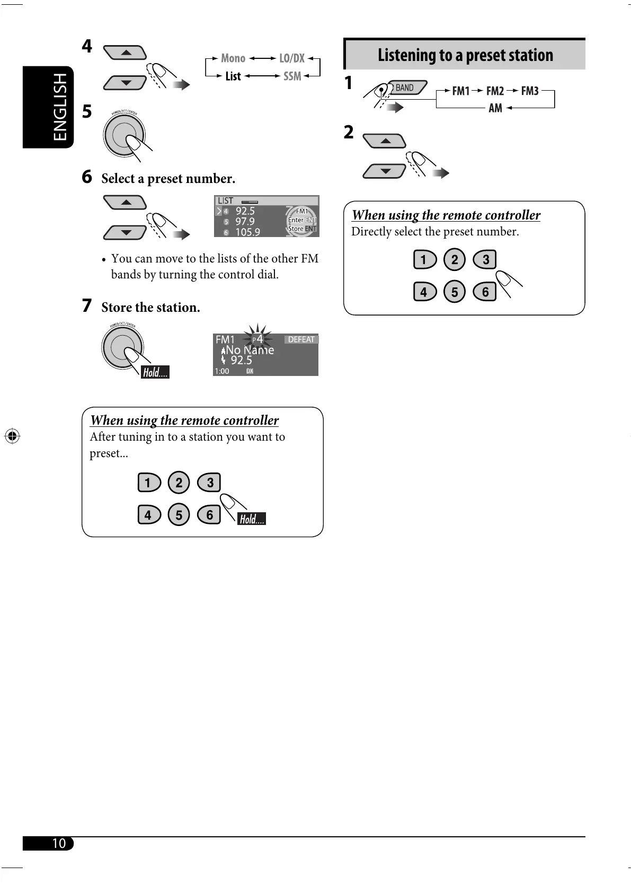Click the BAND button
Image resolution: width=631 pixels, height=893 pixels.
[x=406, y=88]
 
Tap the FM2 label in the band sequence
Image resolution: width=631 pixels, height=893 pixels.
[x=495, y=91]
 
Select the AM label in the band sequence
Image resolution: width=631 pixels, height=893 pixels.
[x=495, y=108]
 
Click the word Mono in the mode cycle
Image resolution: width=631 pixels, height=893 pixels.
[x=233, y=58]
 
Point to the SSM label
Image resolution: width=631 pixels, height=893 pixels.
[x=292, y=76]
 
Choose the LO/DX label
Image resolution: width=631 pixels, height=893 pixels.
[x=292, y=58]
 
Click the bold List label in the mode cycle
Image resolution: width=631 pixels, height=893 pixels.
[x=233, y=76]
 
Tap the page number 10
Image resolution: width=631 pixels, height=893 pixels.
[x=58, y=843]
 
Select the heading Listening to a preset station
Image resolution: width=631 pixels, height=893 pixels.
[x=465, y=55]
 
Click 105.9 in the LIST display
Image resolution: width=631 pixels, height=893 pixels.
[x=247, y=232]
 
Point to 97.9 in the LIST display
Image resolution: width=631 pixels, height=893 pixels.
[x=245, y=222]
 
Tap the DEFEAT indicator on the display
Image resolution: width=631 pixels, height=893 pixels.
[x=301, y=339]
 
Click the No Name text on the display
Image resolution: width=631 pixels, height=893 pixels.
[x=250, y=350]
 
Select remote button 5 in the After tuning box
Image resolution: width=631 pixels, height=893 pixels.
[x=179, y=514]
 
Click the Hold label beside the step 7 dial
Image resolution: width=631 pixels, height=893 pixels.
[x=155, y=372]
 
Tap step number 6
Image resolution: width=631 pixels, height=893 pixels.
[x=87, y=177]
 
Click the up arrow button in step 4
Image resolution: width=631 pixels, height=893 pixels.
[x=126, y=52]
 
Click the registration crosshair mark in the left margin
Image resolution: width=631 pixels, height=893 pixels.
[x=12, y=436]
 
